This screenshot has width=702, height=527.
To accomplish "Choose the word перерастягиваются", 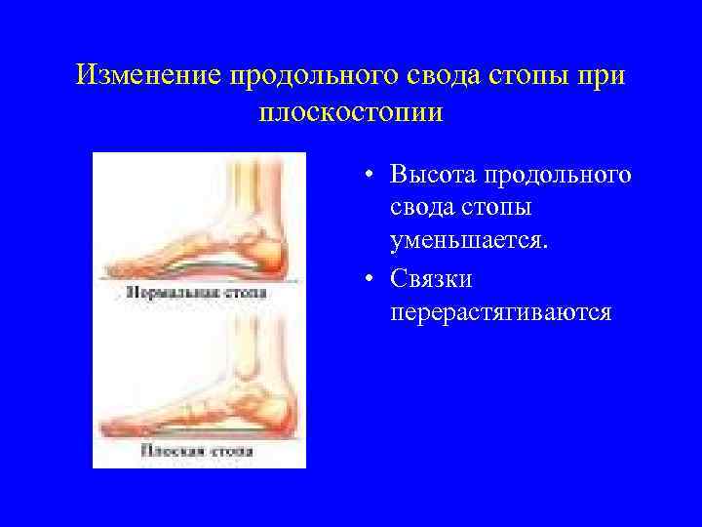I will [x=499, y=312].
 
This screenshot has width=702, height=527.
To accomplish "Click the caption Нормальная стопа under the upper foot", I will [x=198, y=292].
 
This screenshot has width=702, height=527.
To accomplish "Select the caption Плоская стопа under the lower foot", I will [x=198, y=451].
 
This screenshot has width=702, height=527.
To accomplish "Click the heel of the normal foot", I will [x=274, y=258].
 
